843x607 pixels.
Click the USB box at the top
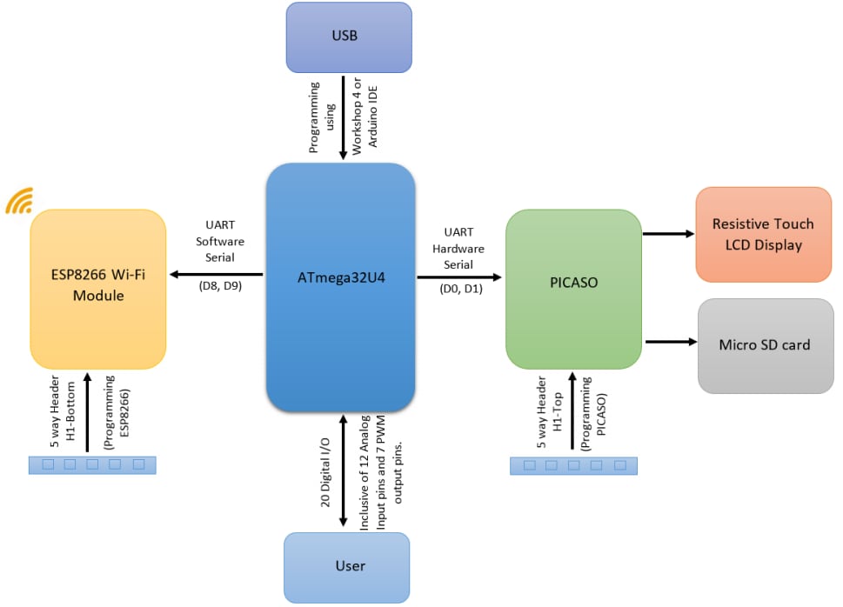click(x=348, y=37)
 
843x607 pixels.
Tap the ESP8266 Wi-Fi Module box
click(x=97, y=288)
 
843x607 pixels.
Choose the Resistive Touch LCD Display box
click(x=763, y=234)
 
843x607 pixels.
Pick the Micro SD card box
click(x=765, y=345)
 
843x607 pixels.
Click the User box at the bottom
click(x=346, y=566)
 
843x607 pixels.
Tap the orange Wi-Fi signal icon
click(x=19, y=201)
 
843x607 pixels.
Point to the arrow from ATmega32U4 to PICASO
click(x=459, y=277)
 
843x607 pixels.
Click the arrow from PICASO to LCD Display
click(x=668, y=234)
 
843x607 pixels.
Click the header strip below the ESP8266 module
click(x=92, y=464)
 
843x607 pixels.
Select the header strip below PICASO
click(x=572, y=465)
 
